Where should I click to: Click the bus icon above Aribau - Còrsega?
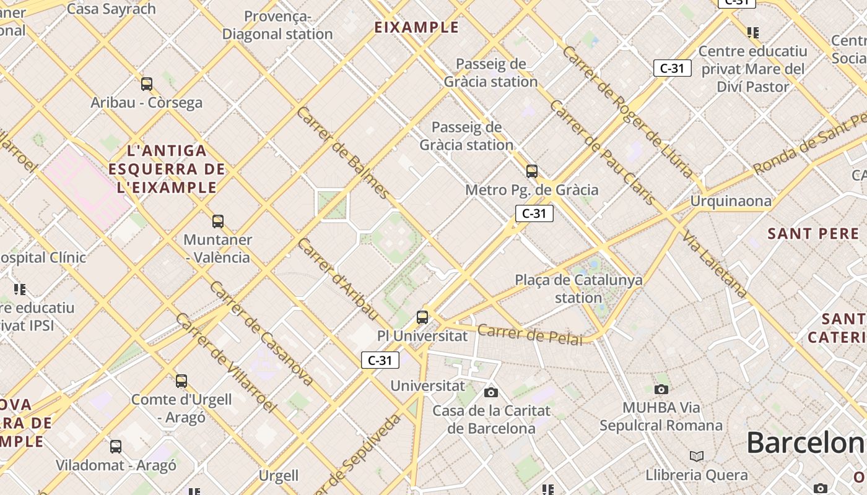[147, 84]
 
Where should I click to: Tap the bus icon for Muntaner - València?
[217, 222]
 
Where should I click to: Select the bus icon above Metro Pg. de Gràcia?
[531, 171]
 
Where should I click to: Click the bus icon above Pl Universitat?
[422, 317]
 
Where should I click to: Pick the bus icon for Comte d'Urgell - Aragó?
[181, 381]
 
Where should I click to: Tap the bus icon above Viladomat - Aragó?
[116, 447]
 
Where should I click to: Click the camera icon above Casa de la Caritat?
[491, 392]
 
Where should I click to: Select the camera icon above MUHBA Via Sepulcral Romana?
[661, 389]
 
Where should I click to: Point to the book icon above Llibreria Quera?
[697, 456]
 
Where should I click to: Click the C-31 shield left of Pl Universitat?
[380, 360]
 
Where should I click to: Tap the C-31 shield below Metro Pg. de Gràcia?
[534, 213]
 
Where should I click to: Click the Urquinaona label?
[731, 201]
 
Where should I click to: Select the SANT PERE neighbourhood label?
[813, 234]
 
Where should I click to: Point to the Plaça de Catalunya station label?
[578, 289]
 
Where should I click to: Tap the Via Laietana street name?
[715, 264]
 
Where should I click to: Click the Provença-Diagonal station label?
[277, 25]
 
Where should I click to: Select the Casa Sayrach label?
[111, 9]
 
